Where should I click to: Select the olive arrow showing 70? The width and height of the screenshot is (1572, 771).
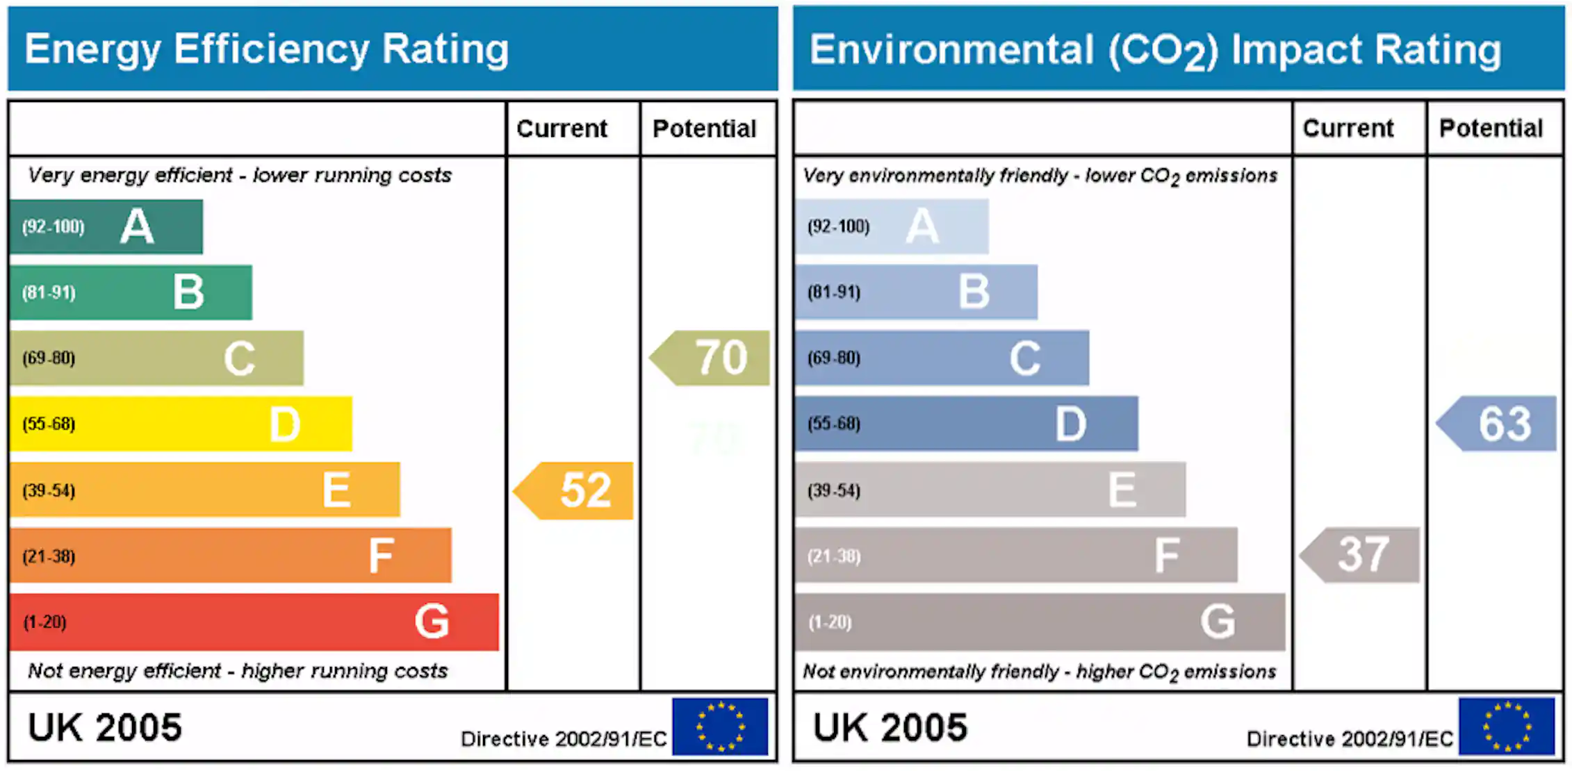click(x=713, y=358)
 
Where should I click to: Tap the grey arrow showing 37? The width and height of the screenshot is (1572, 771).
click(x=1362, y=554)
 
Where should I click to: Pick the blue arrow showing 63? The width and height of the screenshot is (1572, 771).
click(x=1500, y=424)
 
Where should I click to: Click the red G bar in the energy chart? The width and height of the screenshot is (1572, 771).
click(x=254, y=622)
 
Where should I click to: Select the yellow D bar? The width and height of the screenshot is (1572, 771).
click(x=181, y=424)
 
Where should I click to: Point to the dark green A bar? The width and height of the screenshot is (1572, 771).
click(x=106, y=226)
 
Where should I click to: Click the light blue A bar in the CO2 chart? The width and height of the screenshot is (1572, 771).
click(x=892, y=226)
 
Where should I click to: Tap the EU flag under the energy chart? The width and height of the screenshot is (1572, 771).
click(x=720, y=727)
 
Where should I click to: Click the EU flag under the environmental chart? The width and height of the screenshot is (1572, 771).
click(x=1507, y=727)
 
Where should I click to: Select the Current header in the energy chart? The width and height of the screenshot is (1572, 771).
click(x=562, y=128)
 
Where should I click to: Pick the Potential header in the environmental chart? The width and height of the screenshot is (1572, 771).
click(x=1491, y=128)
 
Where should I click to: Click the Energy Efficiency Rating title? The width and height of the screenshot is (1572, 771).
click(x=267, y=49)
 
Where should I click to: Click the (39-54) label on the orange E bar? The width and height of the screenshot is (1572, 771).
click(x=49, y=490)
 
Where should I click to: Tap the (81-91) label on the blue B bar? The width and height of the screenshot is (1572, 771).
click(x=834, y=292)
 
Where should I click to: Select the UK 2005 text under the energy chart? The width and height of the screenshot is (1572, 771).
click(x=105, y=727)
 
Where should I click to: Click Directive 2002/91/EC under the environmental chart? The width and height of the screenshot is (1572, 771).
click(x=1350, y=738)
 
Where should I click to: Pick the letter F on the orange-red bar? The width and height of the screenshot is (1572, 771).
click(x=381, y=556)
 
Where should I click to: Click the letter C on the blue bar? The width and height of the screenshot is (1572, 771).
click(x=1024, y=358)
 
